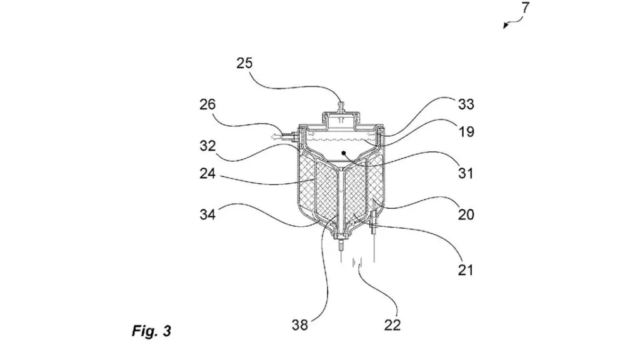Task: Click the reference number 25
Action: pyautogui.click(x=246, y=64)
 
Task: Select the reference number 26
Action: pyautogui.click(x=208, y=104)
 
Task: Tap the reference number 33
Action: pyautogui.click(x=466, y=104)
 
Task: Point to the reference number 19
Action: pyautogui.click(x=466, y=132)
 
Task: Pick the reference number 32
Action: pyautogui.click(x=208, y=146)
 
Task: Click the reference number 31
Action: pyautogui.click(x=466, y=173)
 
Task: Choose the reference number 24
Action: pyautogui.click(x=208, y=173)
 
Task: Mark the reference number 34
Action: pyautogui.click(x=208, y=215)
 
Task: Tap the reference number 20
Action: pyautogui.click(x=466, y=215)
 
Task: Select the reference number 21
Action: pyautogui.click(x=466, y=270)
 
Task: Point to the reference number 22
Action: pyautogui.click(x=393, y=325)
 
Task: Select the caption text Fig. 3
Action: pyautogui.click(x=151, y=331)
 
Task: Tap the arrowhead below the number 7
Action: pyautogui.click(x=506, y=26)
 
